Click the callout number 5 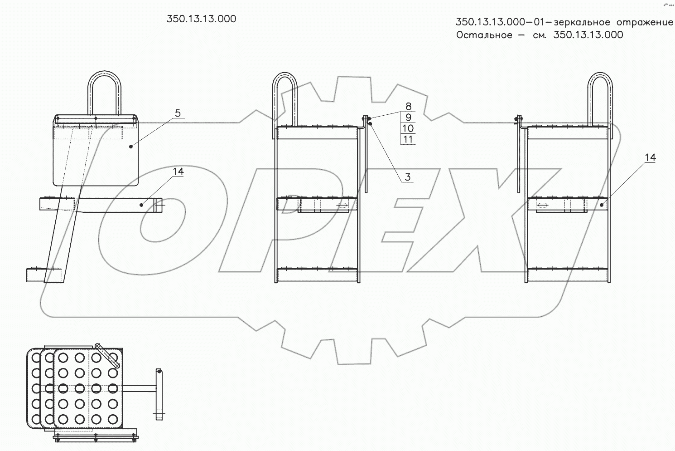pyautogui.click(x=178, y=113)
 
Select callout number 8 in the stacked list pyautogui.click(x=408, y=106)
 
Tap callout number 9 pyautogui.click(x=408, y=118)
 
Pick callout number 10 pyautogui.click(x=408, y=128)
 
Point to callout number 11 pyautogui.click(x=408, y=139)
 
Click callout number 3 pyautogui.click(x=407, y=177)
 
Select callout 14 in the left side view pyautogui.click(x=178, y=172)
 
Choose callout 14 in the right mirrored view pyautogui.click(x=650, y=157)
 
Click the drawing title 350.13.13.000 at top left pyautogui.click(x=201, y=19)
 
